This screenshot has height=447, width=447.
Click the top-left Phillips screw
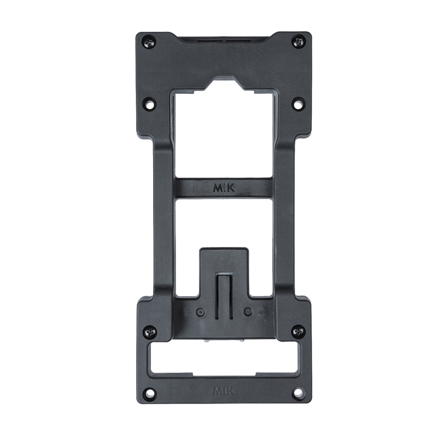(x=149, y=43)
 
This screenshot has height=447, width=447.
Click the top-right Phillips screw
(x=298, y=42)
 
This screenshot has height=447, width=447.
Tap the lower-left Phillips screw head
(x=150, y=332)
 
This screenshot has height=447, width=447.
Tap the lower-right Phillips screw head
(x=299, y=331)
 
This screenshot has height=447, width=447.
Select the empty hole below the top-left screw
(x=149, y=103)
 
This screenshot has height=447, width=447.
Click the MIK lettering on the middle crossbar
(x=224, y=188)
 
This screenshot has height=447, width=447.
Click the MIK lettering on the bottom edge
(x=224, y=391)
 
